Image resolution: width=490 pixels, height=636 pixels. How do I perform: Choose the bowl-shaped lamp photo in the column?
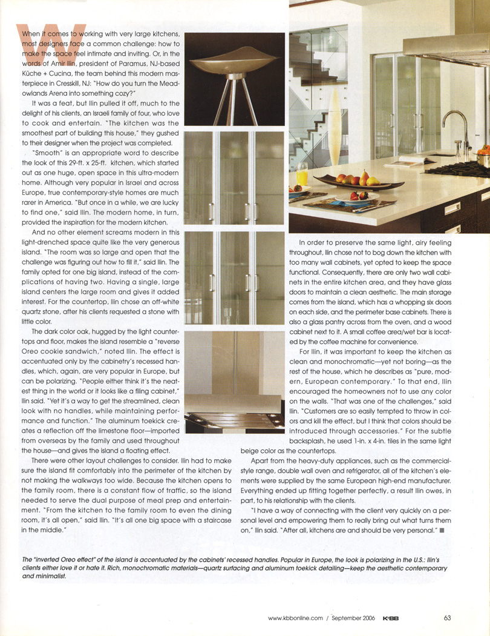[235, 79]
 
